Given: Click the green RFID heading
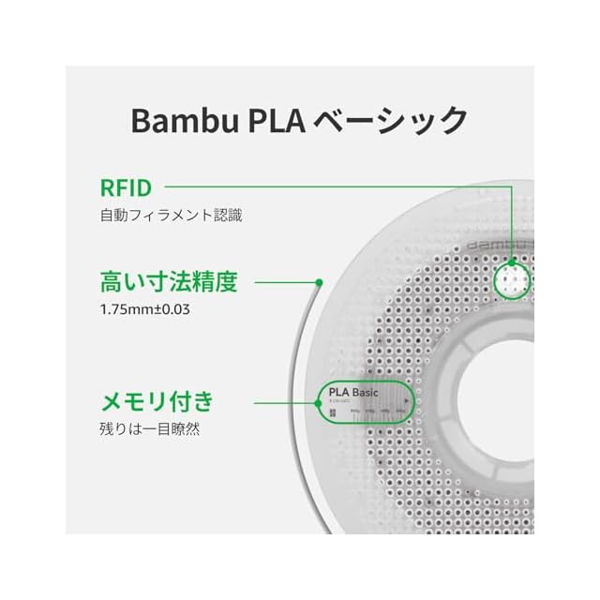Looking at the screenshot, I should (126, 187).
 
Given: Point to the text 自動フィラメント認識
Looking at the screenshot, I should (171, 215).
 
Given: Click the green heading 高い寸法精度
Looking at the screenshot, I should (169, 281).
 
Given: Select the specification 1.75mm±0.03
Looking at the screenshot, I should (145, 308).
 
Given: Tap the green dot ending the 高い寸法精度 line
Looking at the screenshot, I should (320, 281).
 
